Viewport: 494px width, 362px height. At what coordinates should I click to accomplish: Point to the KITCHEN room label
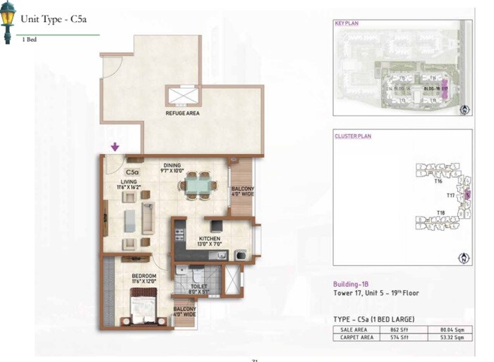209,239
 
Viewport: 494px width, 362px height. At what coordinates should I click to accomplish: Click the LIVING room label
128,181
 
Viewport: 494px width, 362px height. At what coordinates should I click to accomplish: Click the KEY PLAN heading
347,23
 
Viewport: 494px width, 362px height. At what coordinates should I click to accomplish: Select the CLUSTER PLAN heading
352,135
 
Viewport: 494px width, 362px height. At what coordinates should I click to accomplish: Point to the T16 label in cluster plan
438,181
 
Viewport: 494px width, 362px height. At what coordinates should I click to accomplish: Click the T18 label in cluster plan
440,212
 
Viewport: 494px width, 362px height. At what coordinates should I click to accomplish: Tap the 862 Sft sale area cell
390,329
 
